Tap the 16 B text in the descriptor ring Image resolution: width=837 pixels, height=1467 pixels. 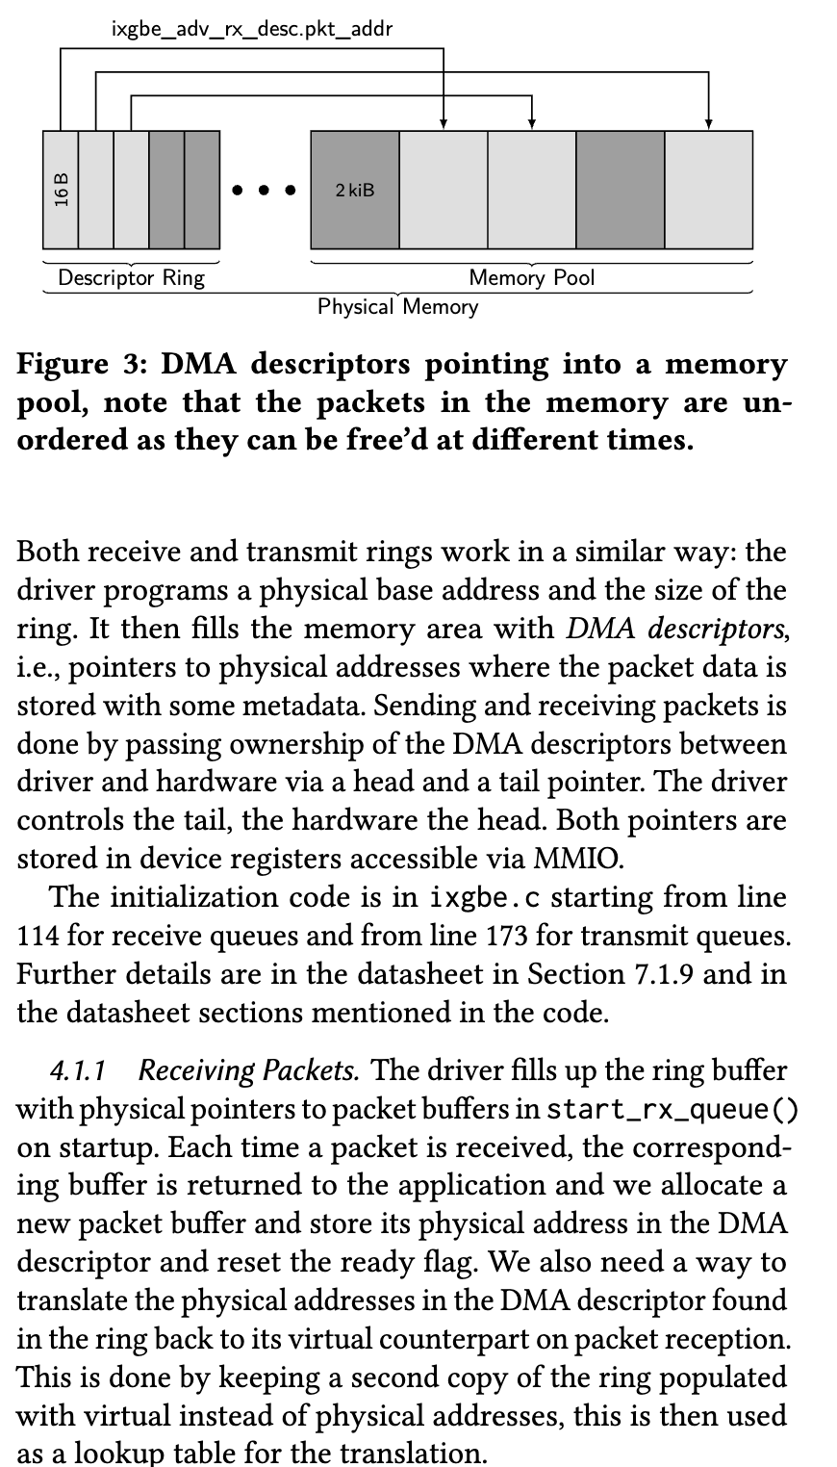click(x=62, y=191)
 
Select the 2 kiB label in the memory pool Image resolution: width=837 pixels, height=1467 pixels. click(x=355, y=191)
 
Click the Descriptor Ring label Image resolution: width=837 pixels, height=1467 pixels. click(x=132, y=279)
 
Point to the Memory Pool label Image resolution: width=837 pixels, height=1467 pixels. click(x=532, y=279)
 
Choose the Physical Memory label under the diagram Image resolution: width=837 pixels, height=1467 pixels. click(x=397, y=307)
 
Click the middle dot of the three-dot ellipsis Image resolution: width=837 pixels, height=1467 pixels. click(x=264, y=191)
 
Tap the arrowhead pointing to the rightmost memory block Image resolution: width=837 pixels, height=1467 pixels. click(x=709, y=123)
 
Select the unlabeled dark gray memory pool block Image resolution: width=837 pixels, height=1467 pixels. click(x=621, y=191)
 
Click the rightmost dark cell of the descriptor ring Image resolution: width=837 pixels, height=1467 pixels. click(x=202, y=191)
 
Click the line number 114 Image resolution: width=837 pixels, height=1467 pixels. click(x=36, y=936)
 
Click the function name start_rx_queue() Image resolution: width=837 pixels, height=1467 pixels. click(x=672, y=1109)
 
